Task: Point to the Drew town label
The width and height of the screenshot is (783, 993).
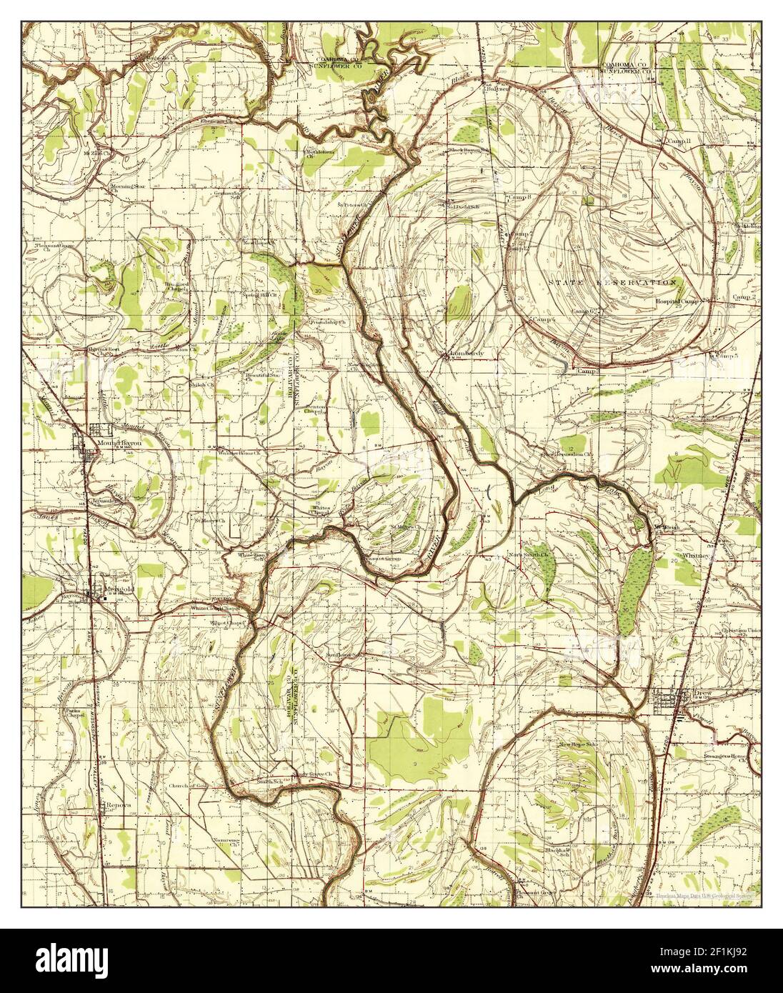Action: pyautogui.click(x=704, y=693)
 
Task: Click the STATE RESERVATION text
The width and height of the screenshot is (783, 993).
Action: pyautogui.click(x=612, y=283)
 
